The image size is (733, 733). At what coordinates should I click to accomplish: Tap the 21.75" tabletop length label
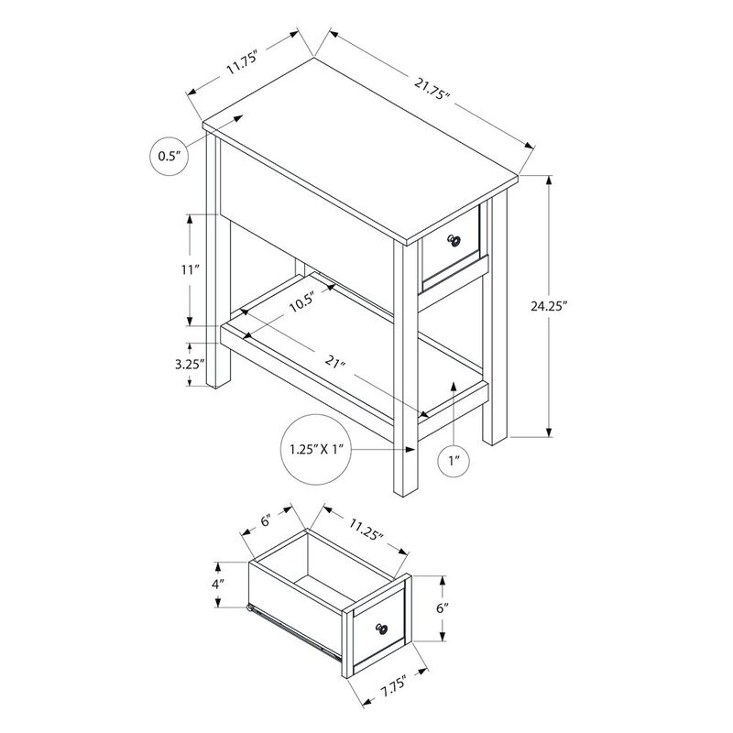click(432, 89)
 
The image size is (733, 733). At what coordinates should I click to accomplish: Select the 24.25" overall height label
click(549, 307)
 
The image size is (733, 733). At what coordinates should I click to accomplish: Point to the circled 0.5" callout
click(170, 156)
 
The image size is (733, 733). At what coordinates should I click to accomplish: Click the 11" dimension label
click(191, 270)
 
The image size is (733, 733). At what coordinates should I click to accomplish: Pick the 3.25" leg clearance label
click(191, 364)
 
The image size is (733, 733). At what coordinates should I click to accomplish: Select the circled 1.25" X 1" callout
click(316, 450)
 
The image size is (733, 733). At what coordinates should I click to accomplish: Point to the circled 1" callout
click(453, 462)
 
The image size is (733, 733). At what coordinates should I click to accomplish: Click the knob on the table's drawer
click(454, 240)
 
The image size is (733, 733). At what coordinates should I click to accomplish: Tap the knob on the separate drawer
click(381, 629)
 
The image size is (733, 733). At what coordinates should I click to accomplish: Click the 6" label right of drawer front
click(443, 608)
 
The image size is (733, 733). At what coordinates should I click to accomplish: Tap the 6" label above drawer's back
click(266, 520)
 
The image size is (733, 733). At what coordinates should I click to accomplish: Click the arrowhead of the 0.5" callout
click(238, 118)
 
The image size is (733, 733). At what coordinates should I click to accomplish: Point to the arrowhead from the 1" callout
click(453, 386)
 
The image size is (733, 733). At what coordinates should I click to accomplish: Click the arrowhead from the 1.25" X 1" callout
click(410, 450)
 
